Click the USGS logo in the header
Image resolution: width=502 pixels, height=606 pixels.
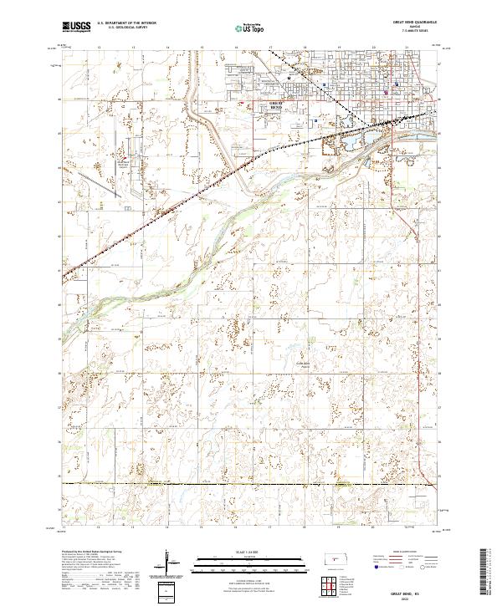(76, 27)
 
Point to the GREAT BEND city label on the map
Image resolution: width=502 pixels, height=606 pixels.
(277, 104)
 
